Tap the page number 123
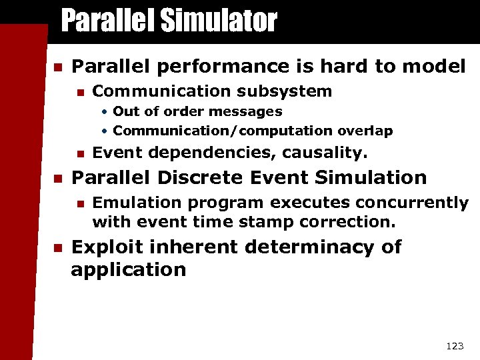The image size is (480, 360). [x=453, y=345]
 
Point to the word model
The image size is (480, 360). [x=433, y=66]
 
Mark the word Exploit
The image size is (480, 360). [x=107, y=247]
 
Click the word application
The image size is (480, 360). [x=128, y=270]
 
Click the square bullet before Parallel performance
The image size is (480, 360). [x=57, y=67]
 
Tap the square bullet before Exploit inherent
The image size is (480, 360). [x=57, y=247]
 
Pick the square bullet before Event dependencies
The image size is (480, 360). [x=80, y=154]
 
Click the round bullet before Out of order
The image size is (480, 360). [x=105, y=112]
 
